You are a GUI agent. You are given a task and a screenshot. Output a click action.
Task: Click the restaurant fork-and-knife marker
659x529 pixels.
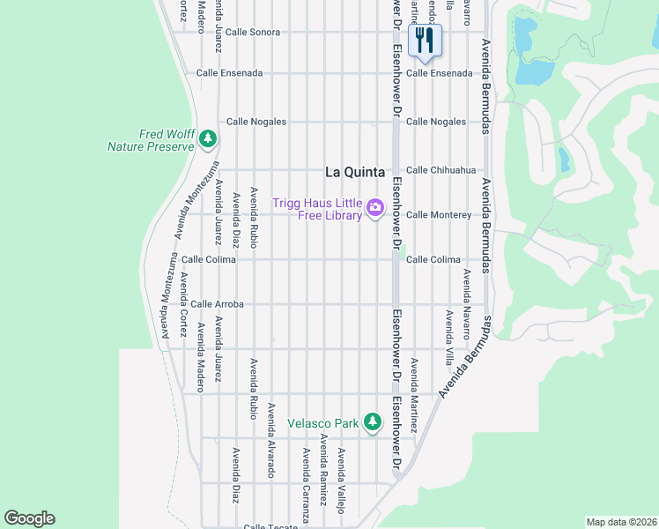pos(425,40)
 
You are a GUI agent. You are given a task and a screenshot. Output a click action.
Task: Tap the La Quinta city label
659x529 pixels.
pos(355,172)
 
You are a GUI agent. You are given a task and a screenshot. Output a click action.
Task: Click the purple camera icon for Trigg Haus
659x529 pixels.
pos(375,208)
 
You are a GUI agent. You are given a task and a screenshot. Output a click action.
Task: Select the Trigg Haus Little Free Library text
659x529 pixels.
pos(317,209)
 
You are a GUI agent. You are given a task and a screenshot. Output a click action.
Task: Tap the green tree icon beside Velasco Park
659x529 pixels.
pos(373,423)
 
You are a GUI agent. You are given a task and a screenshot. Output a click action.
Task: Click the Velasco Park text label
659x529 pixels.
pos(323,423)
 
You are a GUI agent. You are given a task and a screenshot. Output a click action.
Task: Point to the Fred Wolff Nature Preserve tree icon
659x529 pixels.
pos(208,138)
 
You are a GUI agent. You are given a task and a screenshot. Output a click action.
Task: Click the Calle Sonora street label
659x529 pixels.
pos(252,32)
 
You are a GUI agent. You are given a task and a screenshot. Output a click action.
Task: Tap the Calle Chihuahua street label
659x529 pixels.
pos(441,170)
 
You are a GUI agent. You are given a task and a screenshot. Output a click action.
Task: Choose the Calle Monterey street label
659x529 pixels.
pos(438,214)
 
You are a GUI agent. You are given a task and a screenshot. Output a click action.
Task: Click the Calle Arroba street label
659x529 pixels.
pos(217,304)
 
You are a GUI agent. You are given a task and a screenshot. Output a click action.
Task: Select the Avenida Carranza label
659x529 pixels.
pos(306,485)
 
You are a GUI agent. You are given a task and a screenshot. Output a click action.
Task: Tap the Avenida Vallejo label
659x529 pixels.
pos(341,480)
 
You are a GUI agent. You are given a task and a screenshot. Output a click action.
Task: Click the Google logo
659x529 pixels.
pos(29,518)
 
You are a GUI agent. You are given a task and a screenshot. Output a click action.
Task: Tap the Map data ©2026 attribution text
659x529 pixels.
pos(620,522)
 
